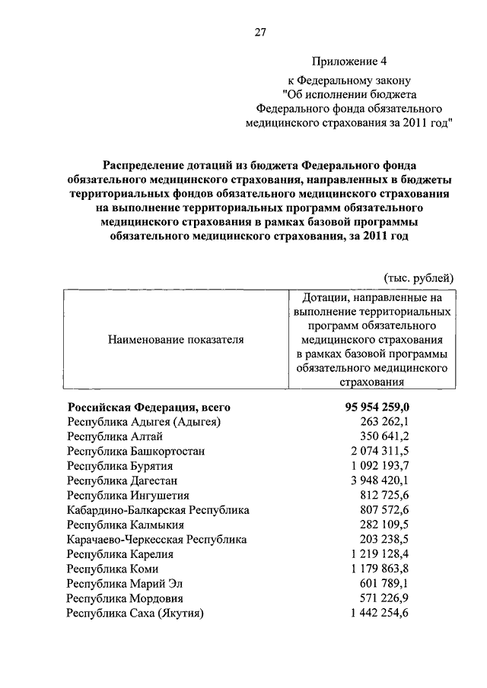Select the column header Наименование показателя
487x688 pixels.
[176, 340]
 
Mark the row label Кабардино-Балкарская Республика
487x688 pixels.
[158, 510]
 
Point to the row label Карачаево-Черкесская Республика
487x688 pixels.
[157, 539]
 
